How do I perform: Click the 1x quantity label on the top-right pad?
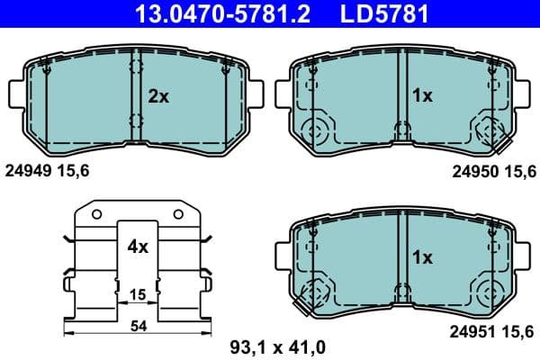coord(422,95)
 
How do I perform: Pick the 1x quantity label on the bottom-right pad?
coord(422,257)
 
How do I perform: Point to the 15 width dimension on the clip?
coord(136,295)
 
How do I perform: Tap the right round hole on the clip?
coord(177,213)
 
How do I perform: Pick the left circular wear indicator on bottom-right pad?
coord(318,292)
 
